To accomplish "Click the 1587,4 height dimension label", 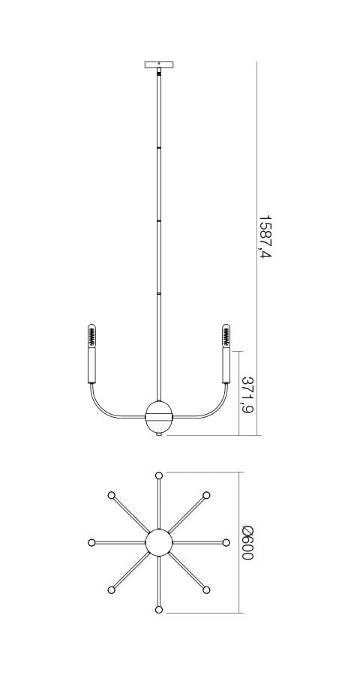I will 265,237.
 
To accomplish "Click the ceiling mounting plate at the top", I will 158,64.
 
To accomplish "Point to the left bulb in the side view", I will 91,335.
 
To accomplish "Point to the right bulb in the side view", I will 226,335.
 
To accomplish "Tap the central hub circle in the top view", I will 158,542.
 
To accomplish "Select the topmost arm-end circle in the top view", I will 158,475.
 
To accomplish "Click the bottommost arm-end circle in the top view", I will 158,610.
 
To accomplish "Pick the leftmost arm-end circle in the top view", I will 91,542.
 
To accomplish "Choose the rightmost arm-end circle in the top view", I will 226,542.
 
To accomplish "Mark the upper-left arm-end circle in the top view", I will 111,495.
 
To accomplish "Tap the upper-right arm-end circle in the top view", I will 206,495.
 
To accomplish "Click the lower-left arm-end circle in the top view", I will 111,590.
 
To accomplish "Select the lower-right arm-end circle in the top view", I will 206,590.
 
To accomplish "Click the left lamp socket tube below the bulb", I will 91,365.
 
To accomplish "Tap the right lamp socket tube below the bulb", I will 226,365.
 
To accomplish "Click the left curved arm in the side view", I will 105,408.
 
